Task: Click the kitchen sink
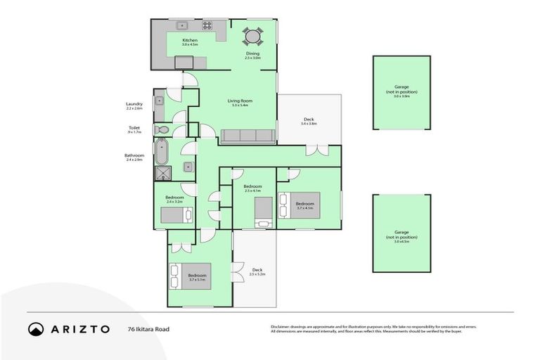coord(181,25)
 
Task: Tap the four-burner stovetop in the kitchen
coord(207,25)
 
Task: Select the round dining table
coord(252,36)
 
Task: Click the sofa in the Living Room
coord(247,136)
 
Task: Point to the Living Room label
coord(240,101)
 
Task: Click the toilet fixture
coord(162,130)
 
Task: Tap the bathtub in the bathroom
coord(162,151)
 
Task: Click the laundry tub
coord(160,101)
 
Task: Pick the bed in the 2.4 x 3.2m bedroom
coord(176,215)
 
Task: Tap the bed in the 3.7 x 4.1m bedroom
coord(300,205)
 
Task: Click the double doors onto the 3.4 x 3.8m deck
coord(317,150)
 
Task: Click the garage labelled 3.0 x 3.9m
coord(401,93)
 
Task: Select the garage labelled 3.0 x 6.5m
coord(401,233)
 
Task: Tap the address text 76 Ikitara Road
coord(148,329)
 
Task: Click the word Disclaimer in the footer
coord(283,327)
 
